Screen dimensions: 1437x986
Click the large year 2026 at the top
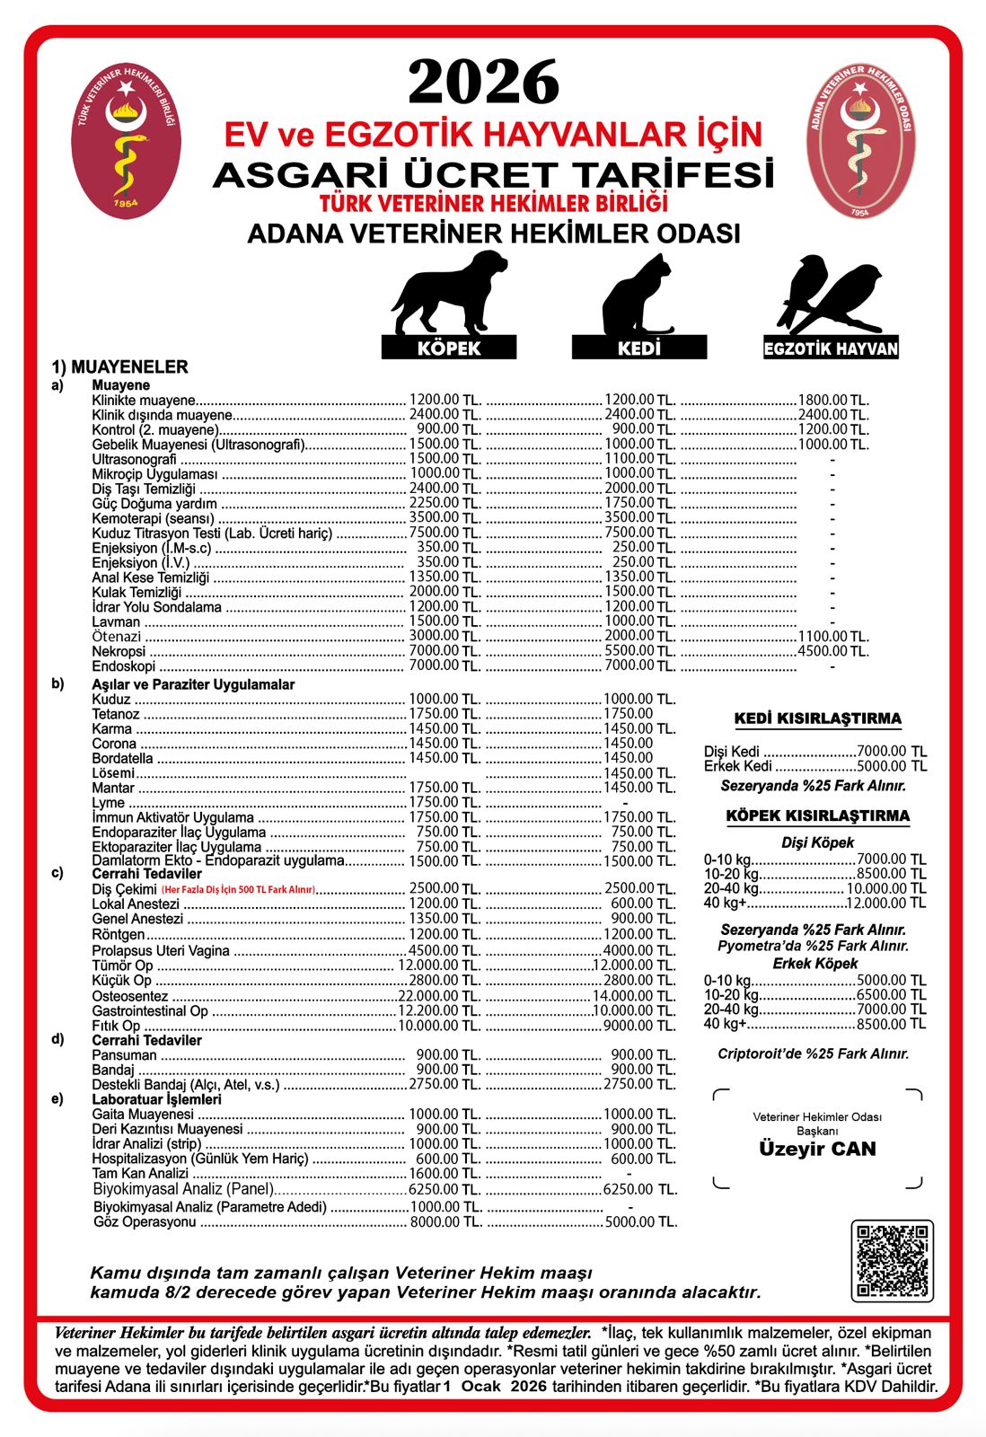[x=484, y=83]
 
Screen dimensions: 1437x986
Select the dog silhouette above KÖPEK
[x=449, y=293]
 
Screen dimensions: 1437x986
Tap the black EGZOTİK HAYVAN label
[x=831, y=348]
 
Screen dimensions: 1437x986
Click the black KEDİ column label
[x=638, y=348]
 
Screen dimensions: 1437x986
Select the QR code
[x=892, y=1260]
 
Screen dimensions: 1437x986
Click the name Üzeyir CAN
[x=817, y=1149]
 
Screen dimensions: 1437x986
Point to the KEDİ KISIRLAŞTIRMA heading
[x=817, y=718]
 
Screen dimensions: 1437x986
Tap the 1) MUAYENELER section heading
[x=119, y=366]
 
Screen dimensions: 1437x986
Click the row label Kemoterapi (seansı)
[x=154, y=518]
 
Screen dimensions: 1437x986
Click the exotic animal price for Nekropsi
[x=832, y=651]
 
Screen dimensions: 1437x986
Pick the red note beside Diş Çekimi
[x=238, y=890]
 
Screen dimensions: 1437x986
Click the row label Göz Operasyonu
[x=145, y=1221]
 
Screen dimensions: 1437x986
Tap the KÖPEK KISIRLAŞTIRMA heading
[x=817, y=815]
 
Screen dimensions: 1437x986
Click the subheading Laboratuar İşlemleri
[x=156, y=1099]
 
